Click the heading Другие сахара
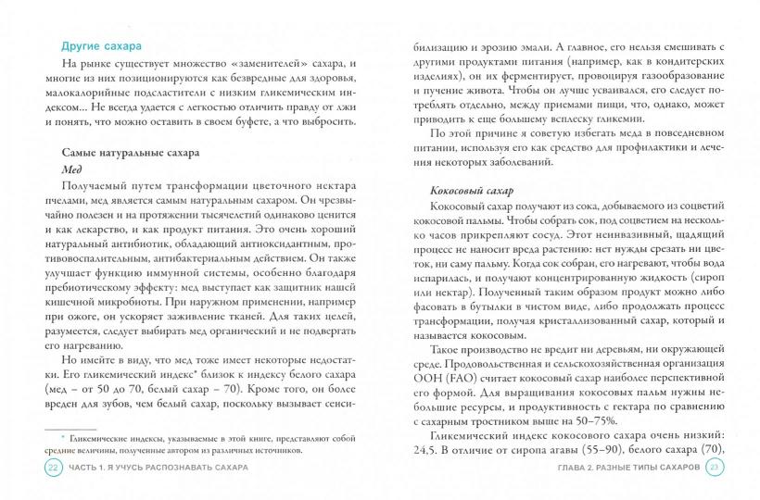(102, 45)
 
